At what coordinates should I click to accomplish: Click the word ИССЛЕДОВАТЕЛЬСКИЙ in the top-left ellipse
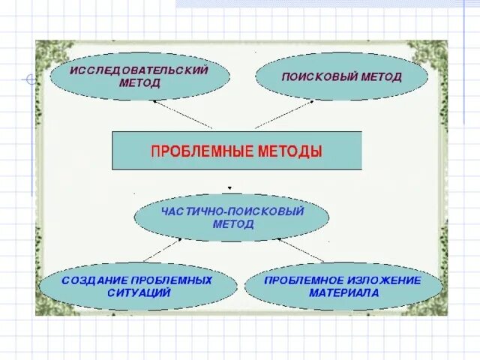pyautogui.click(x=139, y=70)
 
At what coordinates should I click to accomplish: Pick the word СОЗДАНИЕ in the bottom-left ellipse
pyautogui.click(x=89, y=280)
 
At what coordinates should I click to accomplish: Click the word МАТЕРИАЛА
pyautogui.click(x=344, y=292)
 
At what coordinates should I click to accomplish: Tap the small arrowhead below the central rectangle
pyautogui.click(x=229, y=188)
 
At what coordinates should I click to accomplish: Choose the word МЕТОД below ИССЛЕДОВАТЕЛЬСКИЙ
pyautogui.click(x=139, y=82)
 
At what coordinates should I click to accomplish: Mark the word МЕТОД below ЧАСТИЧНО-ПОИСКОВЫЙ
pyautogui.click(x=232, y=223)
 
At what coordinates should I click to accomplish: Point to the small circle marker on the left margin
pyautogui.click(x=31, y=79)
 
